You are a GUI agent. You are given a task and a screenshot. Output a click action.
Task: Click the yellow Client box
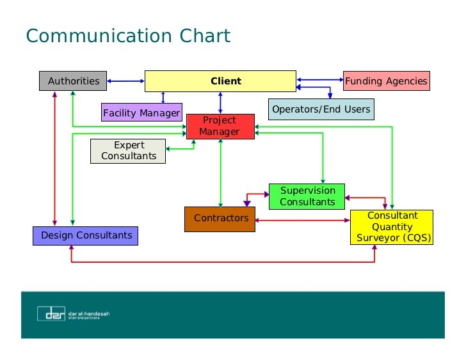[220, 81]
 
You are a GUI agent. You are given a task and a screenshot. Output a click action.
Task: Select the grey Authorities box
[74, 81]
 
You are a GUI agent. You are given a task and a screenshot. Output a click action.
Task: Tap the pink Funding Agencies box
[386, 81]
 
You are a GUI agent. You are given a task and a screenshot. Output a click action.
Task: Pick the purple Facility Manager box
[141, 113]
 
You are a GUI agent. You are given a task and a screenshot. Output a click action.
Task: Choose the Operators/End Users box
[321, 109]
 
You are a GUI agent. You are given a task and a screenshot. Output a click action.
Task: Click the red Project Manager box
[220, 126]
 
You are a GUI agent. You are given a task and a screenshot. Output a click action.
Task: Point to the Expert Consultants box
[129, 151]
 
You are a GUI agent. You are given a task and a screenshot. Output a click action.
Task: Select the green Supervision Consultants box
[307, 196]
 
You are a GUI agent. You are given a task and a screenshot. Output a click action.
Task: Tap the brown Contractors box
[221, 219]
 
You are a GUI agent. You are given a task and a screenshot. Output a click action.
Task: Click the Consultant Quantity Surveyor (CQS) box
[392, 227]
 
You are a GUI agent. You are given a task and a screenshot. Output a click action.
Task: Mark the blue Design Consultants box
[86, 235]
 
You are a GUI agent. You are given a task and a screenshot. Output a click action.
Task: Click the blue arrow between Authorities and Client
[125, 81]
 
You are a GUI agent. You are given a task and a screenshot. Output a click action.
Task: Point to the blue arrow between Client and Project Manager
[220, 103]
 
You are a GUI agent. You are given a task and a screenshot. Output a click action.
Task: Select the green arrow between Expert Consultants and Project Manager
[181, 148]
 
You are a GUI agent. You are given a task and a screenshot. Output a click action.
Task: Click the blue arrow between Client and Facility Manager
[164, 97]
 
